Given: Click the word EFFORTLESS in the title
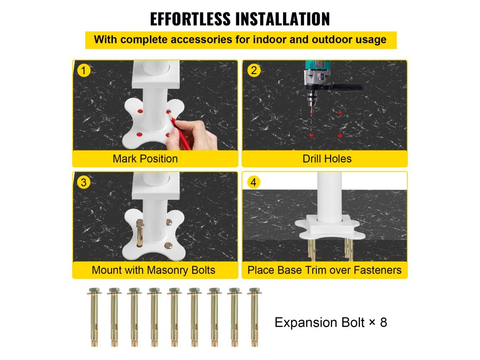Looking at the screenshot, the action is [190, 19].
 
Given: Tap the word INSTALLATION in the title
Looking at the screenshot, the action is [283, 19].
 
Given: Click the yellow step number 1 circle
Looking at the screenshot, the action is [83, 70].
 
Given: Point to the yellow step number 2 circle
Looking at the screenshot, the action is [254, 70].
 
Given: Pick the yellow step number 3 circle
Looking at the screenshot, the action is [83, 182].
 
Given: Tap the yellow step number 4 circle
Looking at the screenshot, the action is [254, 182].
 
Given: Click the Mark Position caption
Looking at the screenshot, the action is [145, 158].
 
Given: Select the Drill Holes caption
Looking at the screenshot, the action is [327, 158].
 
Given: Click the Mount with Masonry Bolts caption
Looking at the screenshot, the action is [153, 270].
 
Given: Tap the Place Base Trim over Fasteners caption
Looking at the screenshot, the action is [324, 270].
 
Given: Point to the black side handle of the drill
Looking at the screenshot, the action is [347, 87].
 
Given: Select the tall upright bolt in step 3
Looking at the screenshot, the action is [140, 233].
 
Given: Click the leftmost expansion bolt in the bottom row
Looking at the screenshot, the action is [94, 317].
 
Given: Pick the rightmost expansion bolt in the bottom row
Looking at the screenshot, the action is [255, 317].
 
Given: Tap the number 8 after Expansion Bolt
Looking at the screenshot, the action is [383, 322].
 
